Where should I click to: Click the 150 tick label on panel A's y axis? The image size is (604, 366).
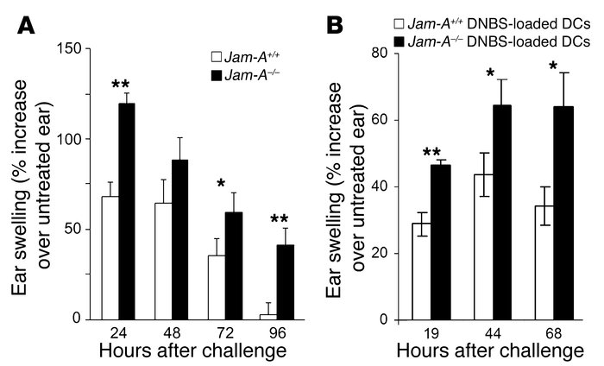point(71,49)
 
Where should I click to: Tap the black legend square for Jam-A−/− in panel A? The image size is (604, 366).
point(218,75)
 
